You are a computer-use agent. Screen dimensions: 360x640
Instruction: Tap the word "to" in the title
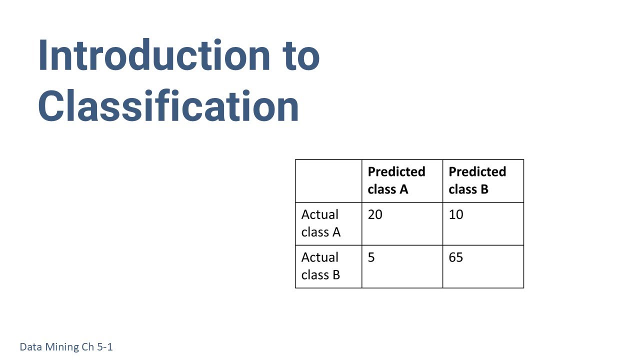pos(299,55)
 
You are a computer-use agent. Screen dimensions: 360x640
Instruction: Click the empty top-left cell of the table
pos(328,181)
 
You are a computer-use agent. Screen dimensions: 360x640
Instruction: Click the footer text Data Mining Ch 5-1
pos(66,346)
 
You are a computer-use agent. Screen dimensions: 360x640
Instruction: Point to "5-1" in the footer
pos(104,346)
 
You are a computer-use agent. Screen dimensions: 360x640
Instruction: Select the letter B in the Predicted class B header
pos(483,189)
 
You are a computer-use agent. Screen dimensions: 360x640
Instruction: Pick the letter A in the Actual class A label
pos(336,232)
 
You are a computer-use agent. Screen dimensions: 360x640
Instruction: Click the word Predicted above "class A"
pos(396,171)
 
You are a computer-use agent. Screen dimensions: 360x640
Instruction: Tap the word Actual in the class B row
pos(320,257)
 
